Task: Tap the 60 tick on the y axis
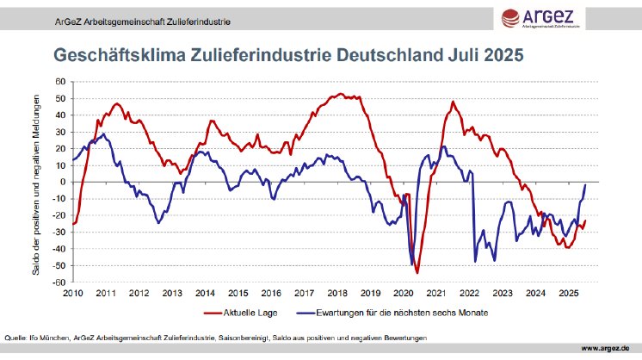[60, 81]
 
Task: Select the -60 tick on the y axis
[59, 282]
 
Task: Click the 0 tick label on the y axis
[63, 182]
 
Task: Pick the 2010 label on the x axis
[72, 293]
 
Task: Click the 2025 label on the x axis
[569, 293]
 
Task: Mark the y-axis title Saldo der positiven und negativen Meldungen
[37, 182]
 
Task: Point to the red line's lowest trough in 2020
[417, 272]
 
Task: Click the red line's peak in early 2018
[341, 93]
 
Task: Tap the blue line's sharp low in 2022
[475, 261]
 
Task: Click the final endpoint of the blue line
[586, 185]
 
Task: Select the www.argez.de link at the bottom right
[609, 348]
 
